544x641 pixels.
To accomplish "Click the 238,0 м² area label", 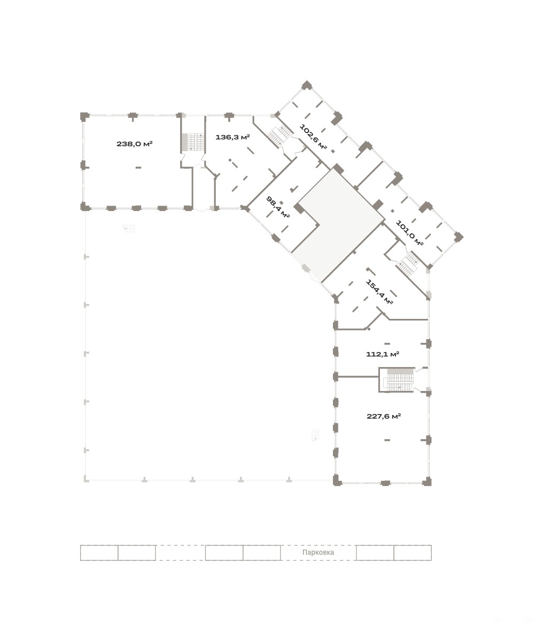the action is coord(134,144).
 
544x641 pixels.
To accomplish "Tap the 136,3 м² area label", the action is coord(233,137).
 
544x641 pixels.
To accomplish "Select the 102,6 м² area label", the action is coord(313,137).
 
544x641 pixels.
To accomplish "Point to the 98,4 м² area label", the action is coord(278,207).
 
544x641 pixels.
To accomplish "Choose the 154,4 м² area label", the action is coord(379,292).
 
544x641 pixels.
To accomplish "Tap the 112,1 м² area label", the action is coord(382,354).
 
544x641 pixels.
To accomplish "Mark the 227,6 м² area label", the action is coord(384,416).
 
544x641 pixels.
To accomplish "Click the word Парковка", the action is coord(318,552).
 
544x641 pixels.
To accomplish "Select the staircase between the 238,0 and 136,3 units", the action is coord(193,142).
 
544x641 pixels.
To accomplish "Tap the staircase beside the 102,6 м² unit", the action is coord(280,135).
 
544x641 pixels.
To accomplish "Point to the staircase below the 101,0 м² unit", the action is coord(409,263).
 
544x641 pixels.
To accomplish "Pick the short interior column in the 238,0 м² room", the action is coord(138,167).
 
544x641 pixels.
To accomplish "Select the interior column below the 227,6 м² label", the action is coord(387,440).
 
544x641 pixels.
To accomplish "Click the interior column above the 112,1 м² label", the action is coord(387,343).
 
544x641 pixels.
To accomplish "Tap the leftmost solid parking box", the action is coord(99,553).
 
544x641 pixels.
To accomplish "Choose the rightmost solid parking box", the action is coord(413,553).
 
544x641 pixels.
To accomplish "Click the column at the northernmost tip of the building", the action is coord(307,85).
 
